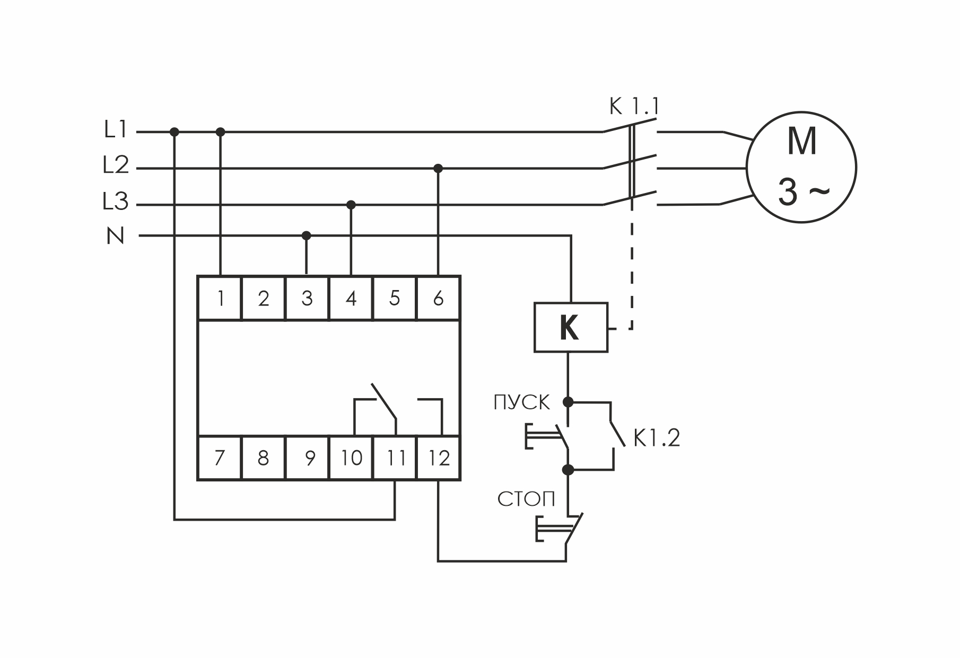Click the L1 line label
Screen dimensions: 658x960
pos(116,130)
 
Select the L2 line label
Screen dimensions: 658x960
pos(116,166)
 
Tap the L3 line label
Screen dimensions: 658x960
pos(116,202)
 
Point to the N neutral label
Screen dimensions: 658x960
pos(116,236)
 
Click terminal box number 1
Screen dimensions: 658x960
pos(220,299)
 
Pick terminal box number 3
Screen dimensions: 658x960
pos(307,299)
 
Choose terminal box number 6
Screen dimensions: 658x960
pos(438,299)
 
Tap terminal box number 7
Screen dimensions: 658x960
pos(220,458)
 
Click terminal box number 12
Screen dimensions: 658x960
pos(439,458)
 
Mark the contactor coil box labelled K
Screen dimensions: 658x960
pos(570,328)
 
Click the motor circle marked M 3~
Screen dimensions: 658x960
pos(801,167)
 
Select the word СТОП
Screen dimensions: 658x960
pos(526,499)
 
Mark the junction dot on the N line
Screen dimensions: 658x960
pos(306,235)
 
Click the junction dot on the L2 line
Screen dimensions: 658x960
pos(438,169)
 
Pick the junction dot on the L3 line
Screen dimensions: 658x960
pos(351,205)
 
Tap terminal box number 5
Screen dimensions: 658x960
pos(395,299)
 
